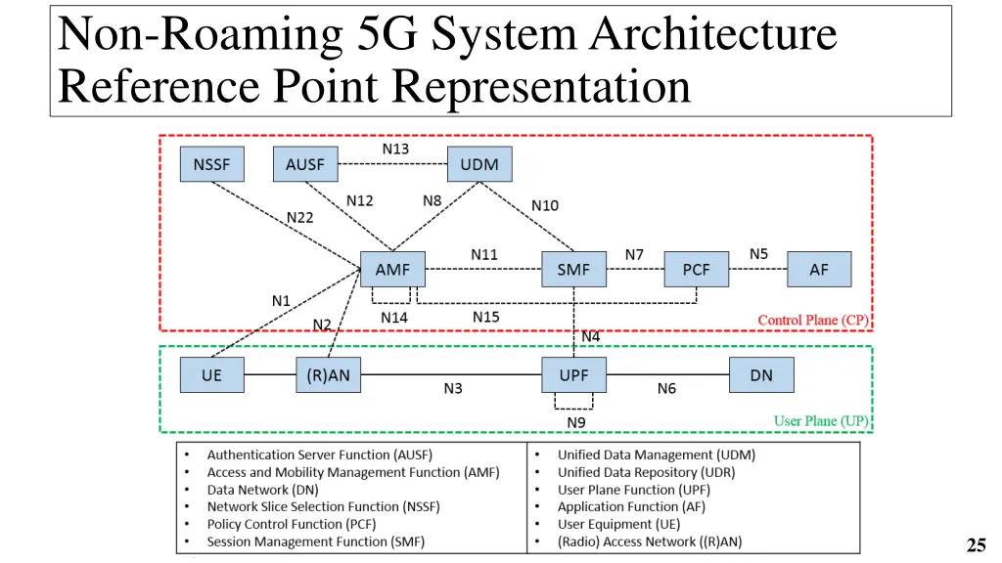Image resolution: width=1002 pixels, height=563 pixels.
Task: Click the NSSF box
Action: coord(211,164)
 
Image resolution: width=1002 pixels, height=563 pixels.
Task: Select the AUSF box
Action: coord(304,164)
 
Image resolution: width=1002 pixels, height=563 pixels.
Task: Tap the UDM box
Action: coord(478,164)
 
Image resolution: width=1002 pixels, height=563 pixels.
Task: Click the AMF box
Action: coord(392,269)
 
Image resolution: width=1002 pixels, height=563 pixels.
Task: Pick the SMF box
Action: coord(573,269)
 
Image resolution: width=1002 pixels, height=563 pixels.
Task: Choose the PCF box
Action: coord(696,269)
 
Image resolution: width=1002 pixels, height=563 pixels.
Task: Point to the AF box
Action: coord(819,269)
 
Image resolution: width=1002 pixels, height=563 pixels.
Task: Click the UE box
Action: coord(211,375)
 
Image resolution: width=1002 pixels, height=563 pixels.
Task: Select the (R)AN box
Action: coord(328,375)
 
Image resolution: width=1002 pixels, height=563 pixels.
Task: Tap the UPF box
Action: coord(573,375)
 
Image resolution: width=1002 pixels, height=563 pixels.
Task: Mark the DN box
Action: coord(761,375)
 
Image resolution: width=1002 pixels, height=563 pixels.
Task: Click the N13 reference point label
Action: coord(395,149)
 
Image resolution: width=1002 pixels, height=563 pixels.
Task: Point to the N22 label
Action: coord(299,217)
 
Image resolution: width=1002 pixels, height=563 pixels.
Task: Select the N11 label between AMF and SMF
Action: coord(483,254)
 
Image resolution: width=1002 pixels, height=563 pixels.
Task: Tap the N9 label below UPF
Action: coord(576,422)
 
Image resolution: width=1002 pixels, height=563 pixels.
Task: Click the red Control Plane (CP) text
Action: coord(812,321)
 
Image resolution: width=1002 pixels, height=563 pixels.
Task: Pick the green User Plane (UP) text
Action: coord(820,421)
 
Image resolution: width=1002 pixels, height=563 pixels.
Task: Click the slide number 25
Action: coord(975,545)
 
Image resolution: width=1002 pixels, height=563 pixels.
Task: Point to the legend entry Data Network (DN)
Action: coord(262,490)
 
